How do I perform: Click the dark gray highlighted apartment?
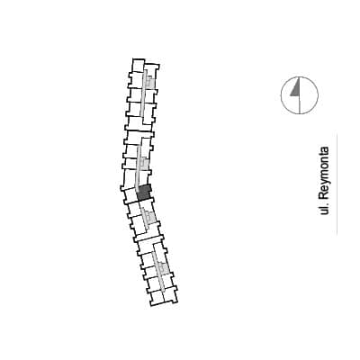144,193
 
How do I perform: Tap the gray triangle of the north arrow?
296,88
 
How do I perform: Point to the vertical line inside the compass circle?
300,95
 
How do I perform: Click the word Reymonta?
324,173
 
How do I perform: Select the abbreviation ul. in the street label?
324,209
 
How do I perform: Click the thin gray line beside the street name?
337,184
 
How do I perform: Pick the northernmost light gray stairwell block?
150,82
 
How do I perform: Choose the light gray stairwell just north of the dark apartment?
144,164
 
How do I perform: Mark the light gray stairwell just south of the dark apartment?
149,215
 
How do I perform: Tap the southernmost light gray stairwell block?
164,268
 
